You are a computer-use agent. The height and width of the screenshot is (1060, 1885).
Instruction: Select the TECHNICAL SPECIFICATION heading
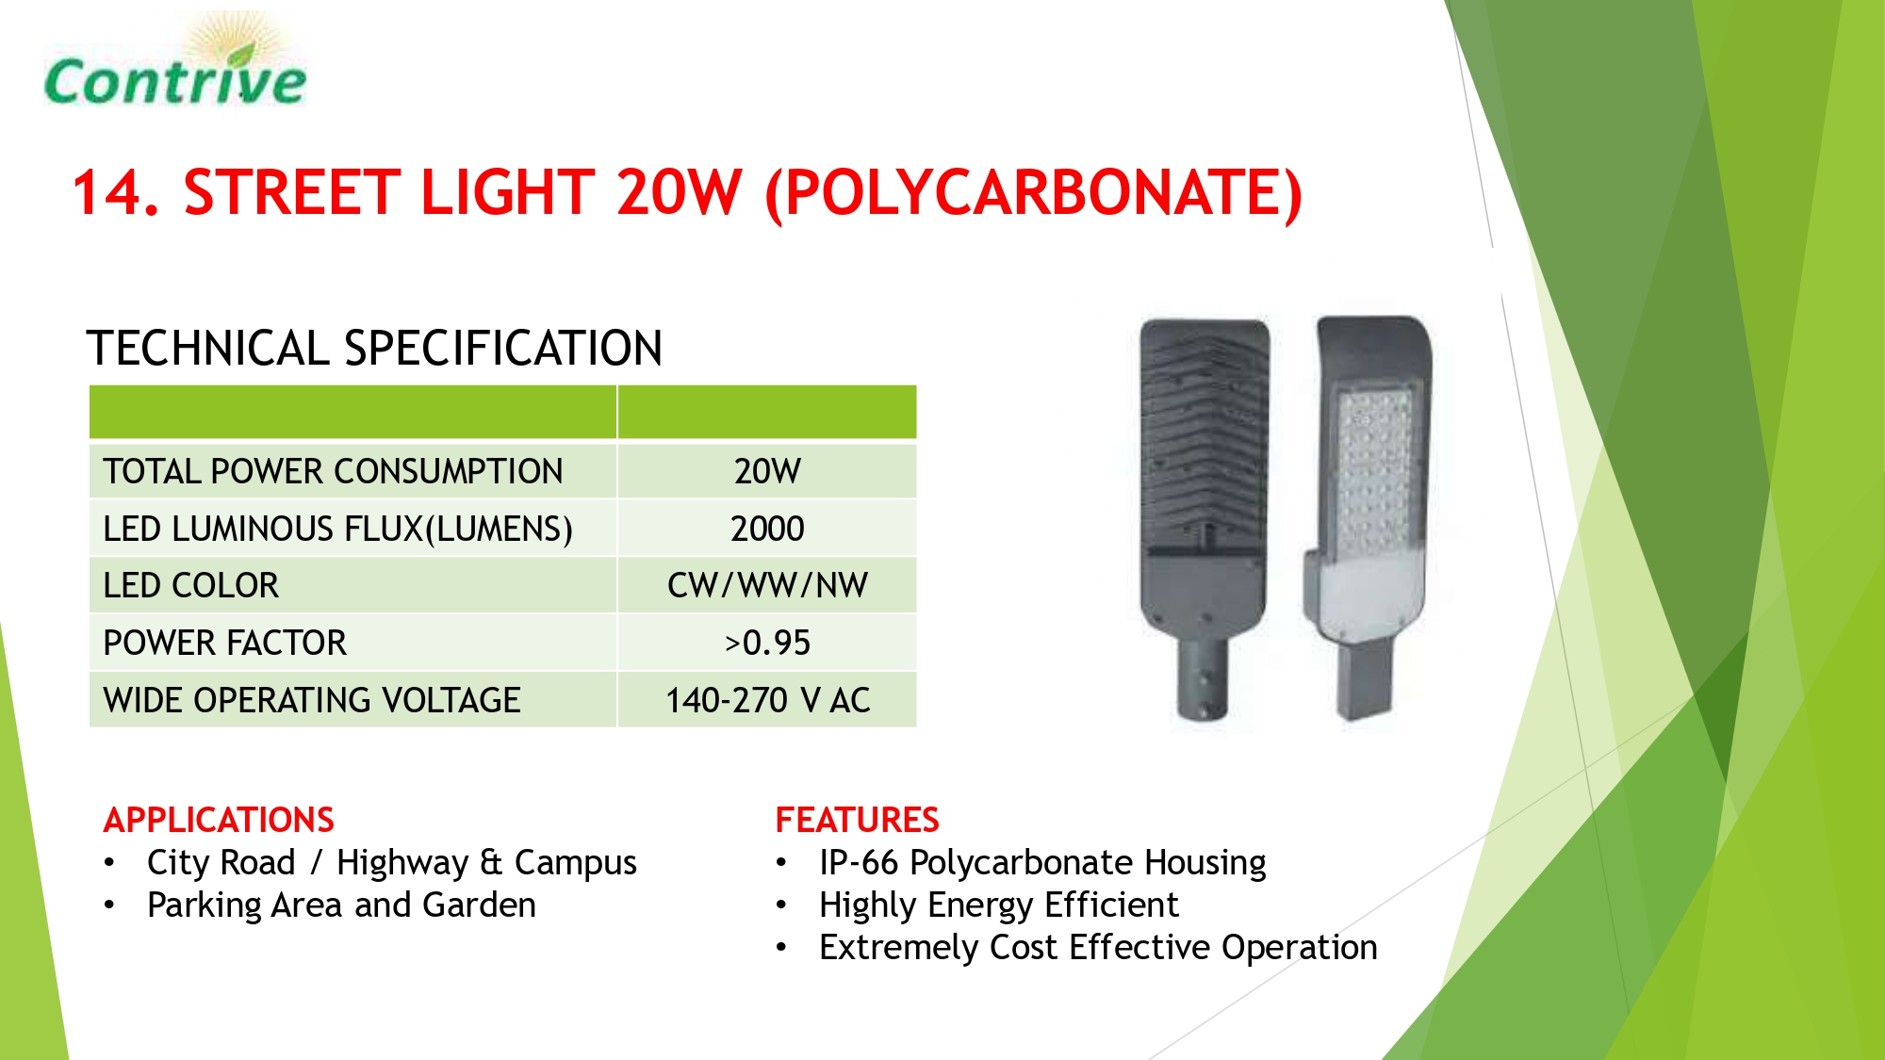pyautogui.click(x=374, y=348)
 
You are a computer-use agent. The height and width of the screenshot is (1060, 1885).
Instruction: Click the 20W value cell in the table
pyautogui.click(x=767, y=471)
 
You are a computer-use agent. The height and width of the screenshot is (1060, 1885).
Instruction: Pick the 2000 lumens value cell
pyautogui.click(x=767, y=529)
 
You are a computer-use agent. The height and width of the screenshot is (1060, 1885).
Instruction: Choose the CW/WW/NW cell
pyautogui.click(x=767, y=585)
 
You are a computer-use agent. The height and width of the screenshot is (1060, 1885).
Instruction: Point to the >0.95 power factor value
pyautogui.click(x=767, y=643)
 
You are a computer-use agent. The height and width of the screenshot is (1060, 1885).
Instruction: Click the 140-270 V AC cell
pyautogui.click(x=767, y=700)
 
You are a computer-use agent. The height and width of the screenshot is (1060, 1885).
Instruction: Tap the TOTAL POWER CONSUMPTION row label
pyautogui.click(x=333, y=471)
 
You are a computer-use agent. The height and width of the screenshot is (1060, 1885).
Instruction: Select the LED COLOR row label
pyautogui.click(x=190, y=585)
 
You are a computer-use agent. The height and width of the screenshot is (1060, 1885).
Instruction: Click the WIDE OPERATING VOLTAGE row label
pyautogui.click(x=312, y=700)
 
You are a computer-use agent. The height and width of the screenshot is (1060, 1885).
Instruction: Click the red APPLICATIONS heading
pyautogui.click(x=219, y=820)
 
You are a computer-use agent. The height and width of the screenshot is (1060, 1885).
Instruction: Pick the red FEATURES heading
pyautogui.click(x=857, y=820)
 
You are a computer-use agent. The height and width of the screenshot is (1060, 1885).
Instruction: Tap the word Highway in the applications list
pyautogui.click(x=402, y=863)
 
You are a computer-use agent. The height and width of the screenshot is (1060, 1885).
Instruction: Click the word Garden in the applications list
pyautogui.click(x=479, y=905)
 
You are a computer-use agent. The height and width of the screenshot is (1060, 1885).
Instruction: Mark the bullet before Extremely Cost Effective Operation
pyautogui.click(x=781, y=947)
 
